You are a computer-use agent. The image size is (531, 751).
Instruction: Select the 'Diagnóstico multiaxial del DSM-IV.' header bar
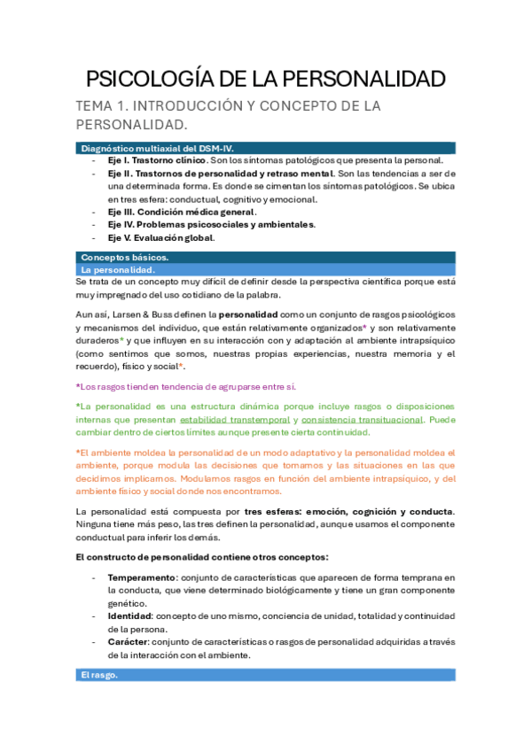pos(265,148)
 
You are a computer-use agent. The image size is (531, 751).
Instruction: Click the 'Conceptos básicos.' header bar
pos(265,257)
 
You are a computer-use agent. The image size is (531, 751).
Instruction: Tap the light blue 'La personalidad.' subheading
pos(265,268)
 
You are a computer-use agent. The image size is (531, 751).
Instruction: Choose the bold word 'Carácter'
pos(128,642)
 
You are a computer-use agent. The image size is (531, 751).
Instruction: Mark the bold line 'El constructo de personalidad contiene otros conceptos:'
pos(202,556)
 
